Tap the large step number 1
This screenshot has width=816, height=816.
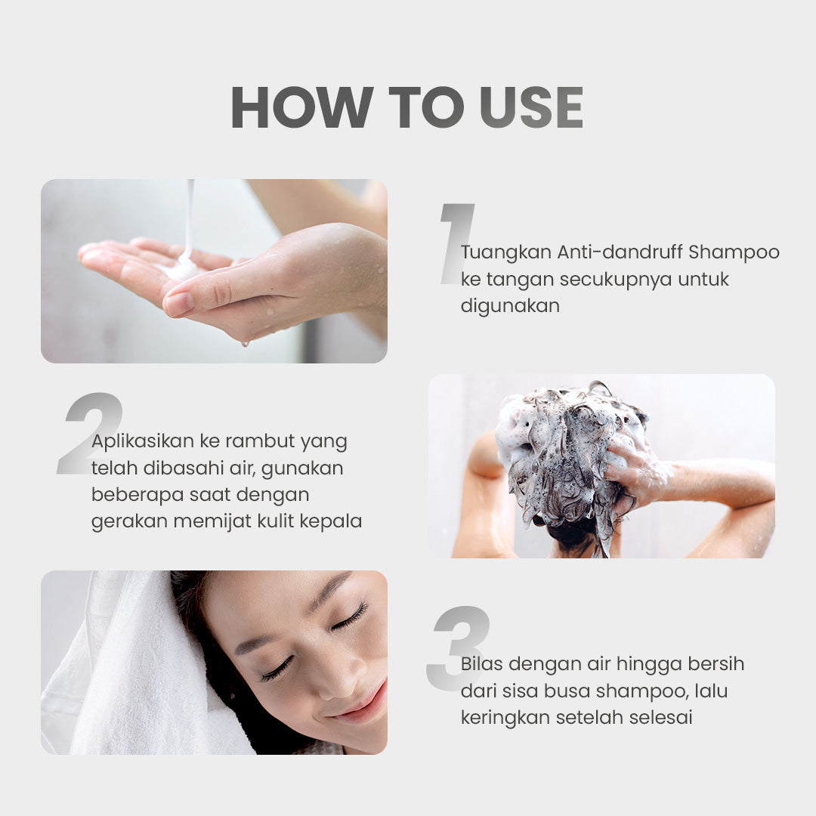coord(456,242)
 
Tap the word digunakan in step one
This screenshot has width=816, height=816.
coord(510,306)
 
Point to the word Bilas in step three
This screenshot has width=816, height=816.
coord(481,664)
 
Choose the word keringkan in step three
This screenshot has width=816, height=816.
coord(505,717)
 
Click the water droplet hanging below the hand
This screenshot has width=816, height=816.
coord(243,344)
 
